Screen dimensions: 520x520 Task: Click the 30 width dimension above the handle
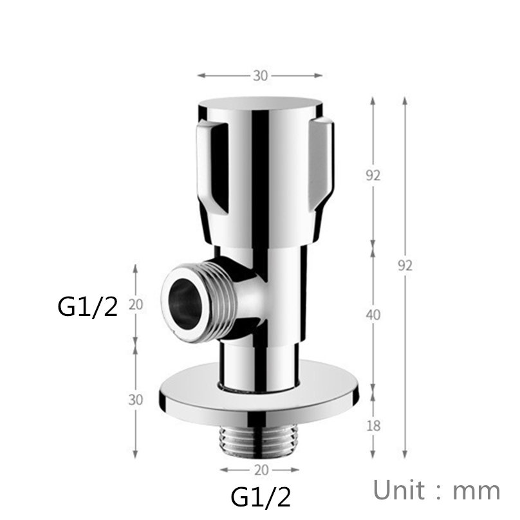(260, 75)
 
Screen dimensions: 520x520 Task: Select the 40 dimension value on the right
(373, 315)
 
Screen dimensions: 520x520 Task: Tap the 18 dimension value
(373, 425)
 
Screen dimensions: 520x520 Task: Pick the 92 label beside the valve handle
(373, 175)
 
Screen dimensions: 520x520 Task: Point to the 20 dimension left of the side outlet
(135, 304)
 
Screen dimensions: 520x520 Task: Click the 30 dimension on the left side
(135, 399)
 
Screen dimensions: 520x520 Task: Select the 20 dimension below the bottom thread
(260, 469)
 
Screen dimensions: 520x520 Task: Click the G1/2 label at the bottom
(260, 496)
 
